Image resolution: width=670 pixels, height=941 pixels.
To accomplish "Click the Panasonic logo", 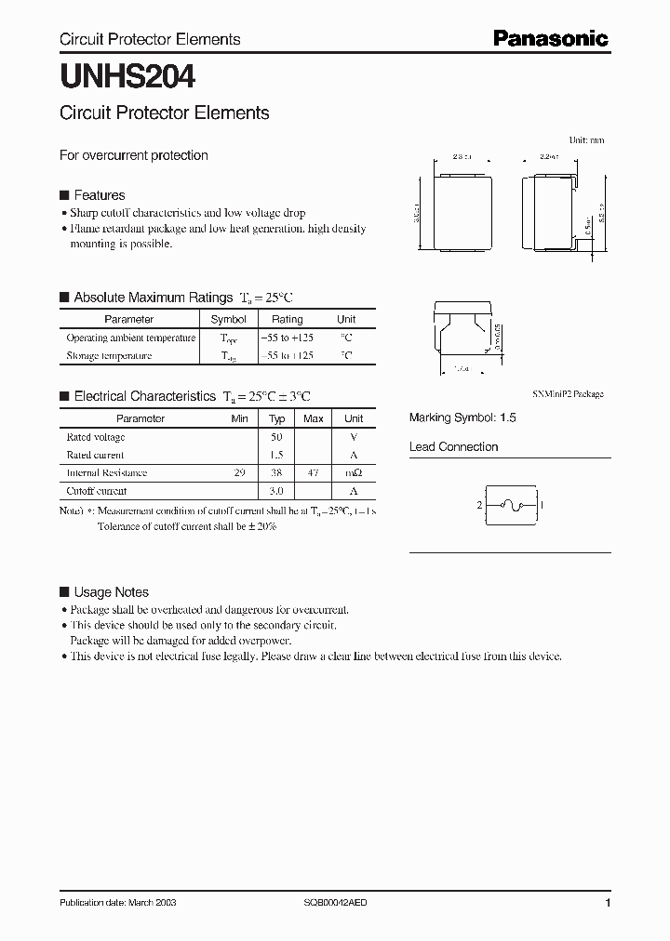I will (x=550, y=38).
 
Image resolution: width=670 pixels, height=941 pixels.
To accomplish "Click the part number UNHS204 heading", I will (x=127, y=75).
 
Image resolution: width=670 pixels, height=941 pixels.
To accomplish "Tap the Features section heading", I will (x=99, y=195).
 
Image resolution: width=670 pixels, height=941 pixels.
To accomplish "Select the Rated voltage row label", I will (x=95, y=437).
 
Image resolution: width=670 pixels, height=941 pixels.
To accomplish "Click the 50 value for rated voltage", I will (x=276, y=437).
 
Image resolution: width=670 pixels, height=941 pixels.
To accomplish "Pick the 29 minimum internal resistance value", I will (x=239, y=472).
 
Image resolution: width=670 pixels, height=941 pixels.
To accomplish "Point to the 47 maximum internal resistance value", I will (x=314, y=472).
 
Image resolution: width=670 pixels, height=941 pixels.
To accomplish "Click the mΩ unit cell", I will (x=354, y=472).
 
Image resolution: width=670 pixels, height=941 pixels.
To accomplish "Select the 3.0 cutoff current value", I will (x=276, y=491).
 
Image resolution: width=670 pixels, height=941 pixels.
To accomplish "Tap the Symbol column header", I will (x=229, y=319).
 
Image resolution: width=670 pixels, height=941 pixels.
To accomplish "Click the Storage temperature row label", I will (x=109, y=355).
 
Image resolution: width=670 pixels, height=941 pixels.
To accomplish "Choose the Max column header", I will (x=314, y=418).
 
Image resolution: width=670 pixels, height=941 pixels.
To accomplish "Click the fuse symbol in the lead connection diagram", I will (x=511, y=505).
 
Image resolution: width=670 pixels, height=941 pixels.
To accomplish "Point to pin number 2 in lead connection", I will (x=479, y=506).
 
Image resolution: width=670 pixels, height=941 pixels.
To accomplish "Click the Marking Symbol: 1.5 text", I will (x=462, y=418).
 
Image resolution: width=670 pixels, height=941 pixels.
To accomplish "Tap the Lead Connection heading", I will (x=453, y=446).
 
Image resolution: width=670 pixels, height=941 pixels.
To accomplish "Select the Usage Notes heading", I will (x=111, y=592).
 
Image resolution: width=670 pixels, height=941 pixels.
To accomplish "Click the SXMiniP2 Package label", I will (x=568, y=394).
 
